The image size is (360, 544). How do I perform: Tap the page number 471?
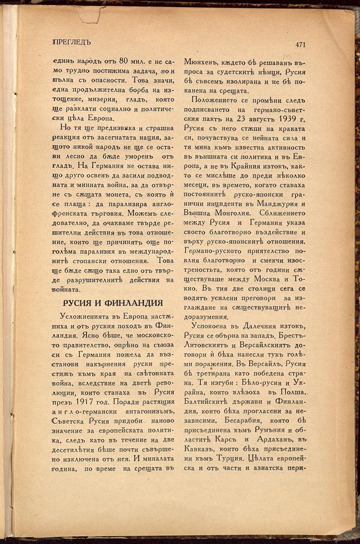tap(301, 44)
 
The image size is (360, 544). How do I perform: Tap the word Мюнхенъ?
tap(201, 61)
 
